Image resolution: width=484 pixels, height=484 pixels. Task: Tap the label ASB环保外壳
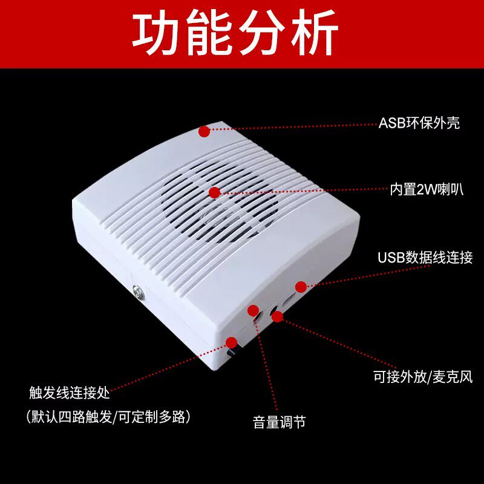pyautogui.click(x=419, y=123)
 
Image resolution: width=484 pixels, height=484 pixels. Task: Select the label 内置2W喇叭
pyautogui.click(x=426, y=189)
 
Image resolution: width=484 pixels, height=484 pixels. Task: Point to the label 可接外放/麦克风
pyautogui.click(x=422, y=377)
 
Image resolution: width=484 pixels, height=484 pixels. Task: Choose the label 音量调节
pyautogui.click(x=279, y=422)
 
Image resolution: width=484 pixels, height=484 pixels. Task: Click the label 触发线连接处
pyautogui.click(x=70, y=393)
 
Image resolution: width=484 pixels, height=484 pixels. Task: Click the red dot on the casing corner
pyautogui.click(x=204, y=130)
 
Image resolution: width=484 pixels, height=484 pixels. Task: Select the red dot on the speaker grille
pyautogui.click(x=214, y=192)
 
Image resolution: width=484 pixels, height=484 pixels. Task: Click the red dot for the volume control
pyautogui.click(x=253, y=310)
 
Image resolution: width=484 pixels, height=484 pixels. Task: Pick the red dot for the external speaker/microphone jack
pyautogui.click(x=277, y=316)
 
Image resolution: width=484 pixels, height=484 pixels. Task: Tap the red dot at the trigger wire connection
pyautogui.click(x=231, y=342)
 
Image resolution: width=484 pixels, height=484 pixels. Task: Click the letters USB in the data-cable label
pyautogui.click(x=390, y=258)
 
